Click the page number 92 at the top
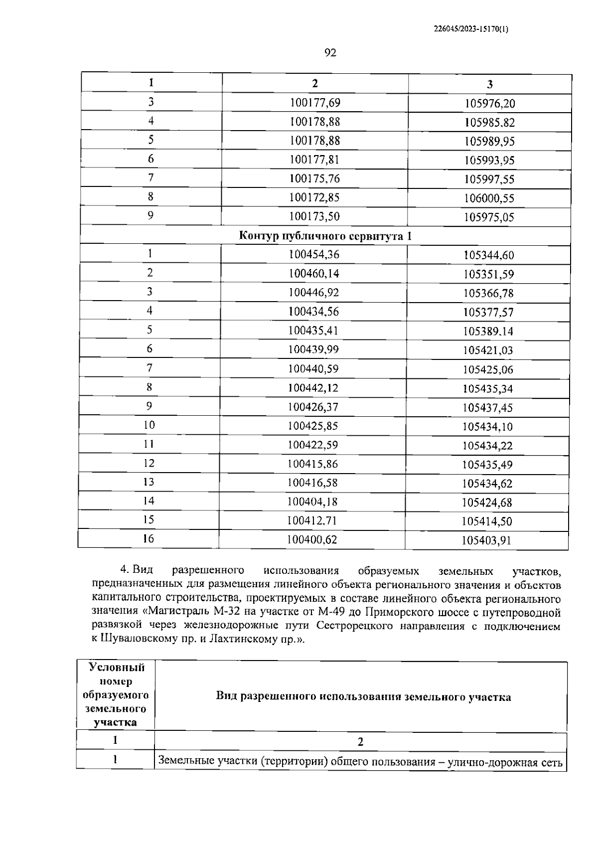click(330, 53)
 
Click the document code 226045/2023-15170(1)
click(471, 29)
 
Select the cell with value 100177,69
click(315, 103)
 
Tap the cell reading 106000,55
click(489, 198)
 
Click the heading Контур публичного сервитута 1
click(325, 236)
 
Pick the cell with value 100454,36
click(314, 255)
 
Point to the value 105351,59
click(488, 274)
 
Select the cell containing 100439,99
click(313, 349)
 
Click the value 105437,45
click(487, 407)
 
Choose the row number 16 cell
click(149, 539)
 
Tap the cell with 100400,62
click(312, 539)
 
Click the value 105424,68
click(487, 503)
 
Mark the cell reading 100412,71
click(312, 521)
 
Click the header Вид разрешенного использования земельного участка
click(363, 697)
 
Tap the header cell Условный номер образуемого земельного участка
click(116, 695)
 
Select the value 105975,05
click(489, 217)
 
